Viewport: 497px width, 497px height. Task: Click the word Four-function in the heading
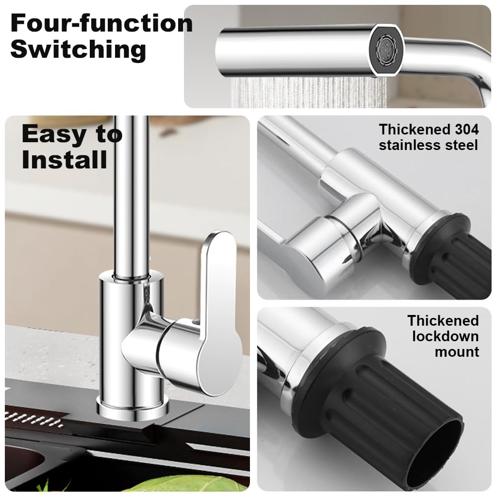click(x=101, y=23)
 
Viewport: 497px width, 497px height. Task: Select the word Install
click(x=64, y=160)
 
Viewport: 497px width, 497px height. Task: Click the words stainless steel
click(x=428, y=145)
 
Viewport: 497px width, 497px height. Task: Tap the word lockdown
click(x=445, y=336)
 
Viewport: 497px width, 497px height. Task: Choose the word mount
click(x=456, y=352)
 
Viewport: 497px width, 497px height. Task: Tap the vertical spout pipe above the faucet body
click(x=130, y=194)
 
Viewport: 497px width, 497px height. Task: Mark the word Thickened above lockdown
click(x=443, y=321)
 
